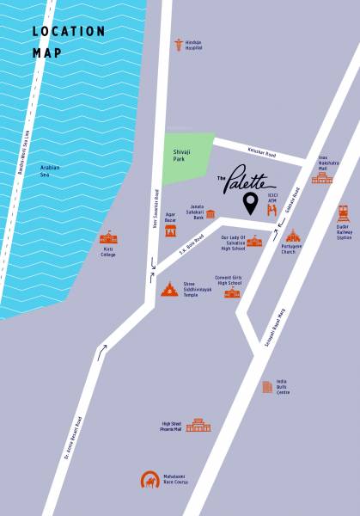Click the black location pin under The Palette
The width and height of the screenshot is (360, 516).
[250, 204]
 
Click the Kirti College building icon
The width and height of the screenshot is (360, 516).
[108, 237]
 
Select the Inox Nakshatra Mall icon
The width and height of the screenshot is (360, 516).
[321, 176]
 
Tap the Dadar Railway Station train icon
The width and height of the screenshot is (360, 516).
[343, 213]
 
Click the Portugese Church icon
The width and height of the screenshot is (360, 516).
[293, 235]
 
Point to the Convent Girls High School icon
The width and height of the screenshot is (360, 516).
[233, 293]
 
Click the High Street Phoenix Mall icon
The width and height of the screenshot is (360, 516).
[198, 424]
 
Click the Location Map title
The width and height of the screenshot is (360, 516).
[69, 41]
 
